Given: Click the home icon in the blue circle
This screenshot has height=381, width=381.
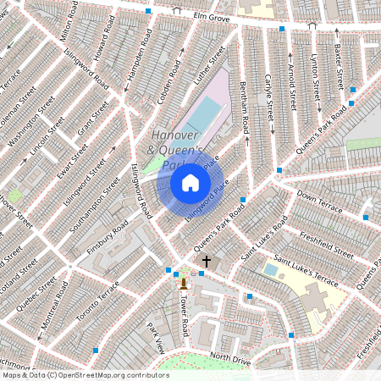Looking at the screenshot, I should tap(190, 183).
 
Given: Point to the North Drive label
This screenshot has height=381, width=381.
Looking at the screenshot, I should tap(230, 358).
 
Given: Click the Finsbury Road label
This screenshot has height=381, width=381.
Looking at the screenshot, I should tap(108, 240).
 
